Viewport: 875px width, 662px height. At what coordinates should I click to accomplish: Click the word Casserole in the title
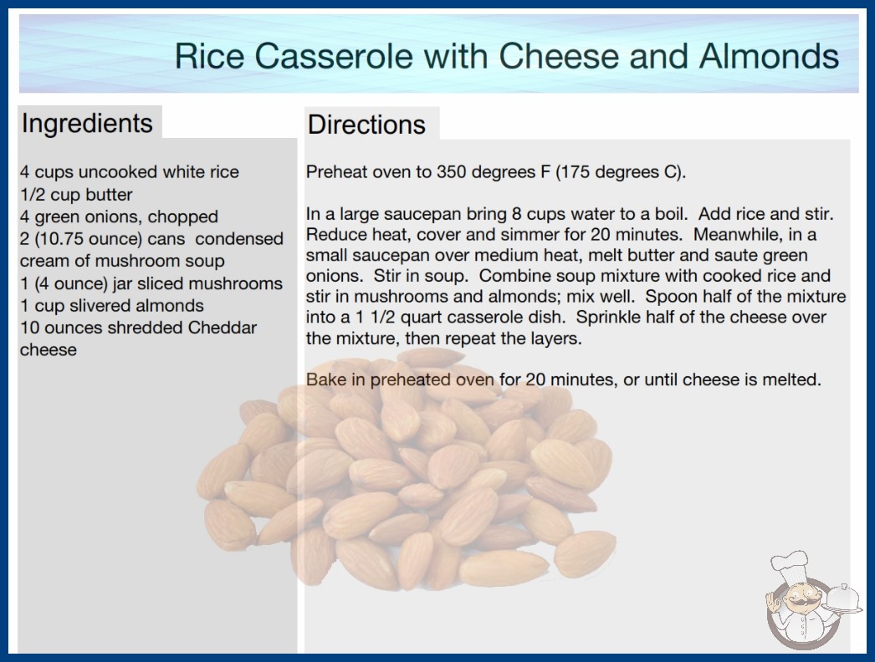[334, 56]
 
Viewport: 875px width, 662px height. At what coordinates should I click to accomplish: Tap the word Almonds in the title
[769, 56]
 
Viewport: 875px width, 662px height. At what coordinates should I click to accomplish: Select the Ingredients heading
[87, 124]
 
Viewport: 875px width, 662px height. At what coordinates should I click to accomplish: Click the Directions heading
[366, 125]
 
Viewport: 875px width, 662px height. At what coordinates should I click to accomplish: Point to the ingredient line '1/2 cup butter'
[76, 195]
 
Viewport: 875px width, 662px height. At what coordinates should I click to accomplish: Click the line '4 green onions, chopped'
[119, 216]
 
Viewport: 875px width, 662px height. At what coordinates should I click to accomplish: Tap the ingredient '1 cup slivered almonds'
[112, 306]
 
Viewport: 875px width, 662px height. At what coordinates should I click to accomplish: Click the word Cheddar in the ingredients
[223, 328]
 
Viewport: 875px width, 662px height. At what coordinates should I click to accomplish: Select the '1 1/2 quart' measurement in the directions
[388, 317]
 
